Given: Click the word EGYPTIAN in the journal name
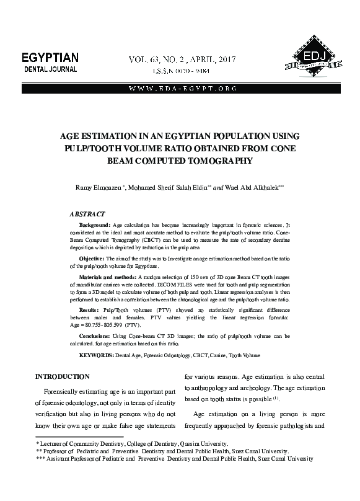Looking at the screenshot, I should (50, 58).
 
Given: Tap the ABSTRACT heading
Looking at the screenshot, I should (87, 214).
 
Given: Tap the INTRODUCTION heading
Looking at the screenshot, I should (63, 376).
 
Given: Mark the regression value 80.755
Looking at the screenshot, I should (97, 324).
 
